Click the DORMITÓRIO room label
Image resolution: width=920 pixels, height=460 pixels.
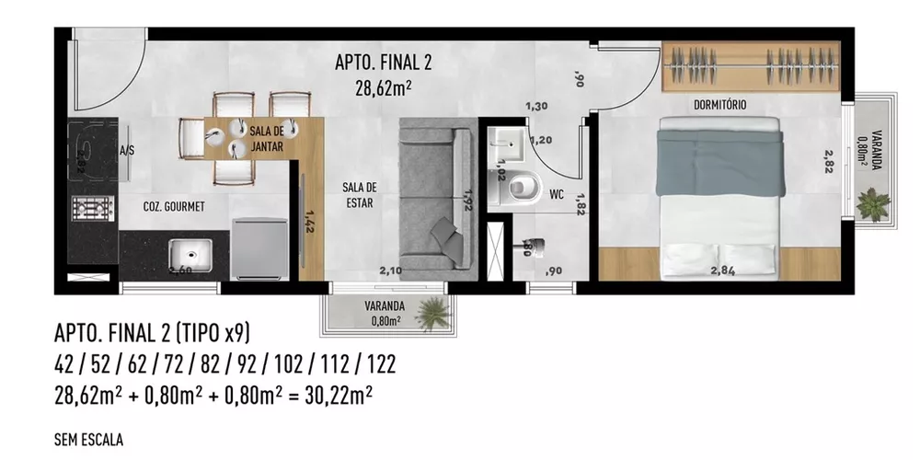720,106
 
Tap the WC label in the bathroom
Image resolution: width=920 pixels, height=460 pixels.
556,194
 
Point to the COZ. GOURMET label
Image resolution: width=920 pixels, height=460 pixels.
173,206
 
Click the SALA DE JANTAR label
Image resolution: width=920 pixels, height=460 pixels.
266,139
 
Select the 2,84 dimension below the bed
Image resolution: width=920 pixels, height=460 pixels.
723,270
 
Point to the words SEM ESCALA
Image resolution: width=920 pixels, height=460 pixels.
89,440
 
